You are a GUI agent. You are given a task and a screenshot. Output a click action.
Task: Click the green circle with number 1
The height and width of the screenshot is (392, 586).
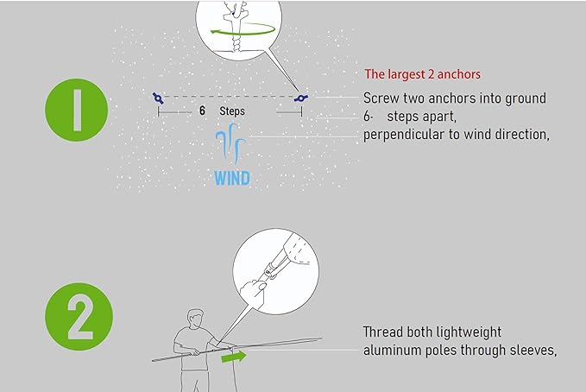76,110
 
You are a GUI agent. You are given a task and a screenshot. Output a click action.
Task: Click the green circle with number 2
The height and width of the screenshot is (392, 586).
79,316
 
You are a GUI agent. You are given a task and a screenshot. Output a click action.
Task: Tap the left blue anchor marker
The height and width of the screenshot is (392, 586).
158,98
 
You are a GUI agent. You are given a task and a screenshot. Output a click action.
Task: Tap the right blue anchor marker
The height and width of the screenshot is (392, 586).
301,98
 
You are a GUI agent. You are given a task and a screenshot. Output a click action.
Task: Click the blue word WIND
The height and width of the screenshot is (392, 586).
232,178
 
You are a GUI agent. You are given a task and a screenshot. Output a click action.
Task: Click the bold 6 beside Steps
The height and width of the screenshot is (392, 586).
202,111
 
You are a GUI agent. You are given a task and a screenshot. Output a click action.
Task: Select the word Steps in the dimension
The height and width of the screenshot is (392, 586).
232,111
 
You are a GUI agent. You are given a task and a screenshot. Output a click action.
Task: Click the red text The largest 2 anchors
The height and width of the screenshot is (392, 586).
422,74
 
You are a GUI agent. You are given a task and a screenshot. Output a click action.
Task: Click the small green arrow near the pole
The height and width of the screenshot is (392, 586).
234,357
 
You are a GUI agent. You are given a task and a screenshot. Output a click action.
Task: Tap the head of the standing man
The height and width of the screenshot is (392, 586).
195,319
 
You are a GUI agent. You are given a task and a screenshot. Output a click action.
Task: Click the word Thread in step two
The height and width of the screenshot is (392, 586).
382,332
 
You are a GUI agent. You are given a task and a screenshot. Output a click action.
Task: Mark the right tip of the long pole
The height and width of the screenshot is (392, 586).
321,338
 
